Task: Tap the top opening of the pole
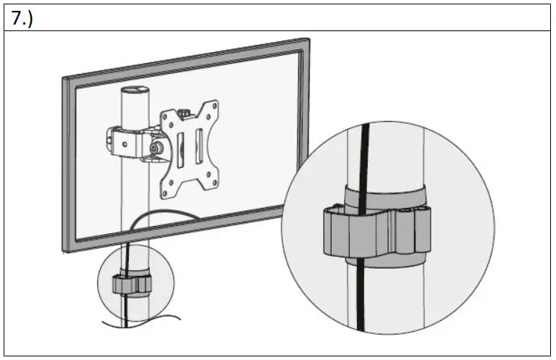(134, 91)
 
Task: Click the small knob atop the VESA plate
(185, 113)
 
